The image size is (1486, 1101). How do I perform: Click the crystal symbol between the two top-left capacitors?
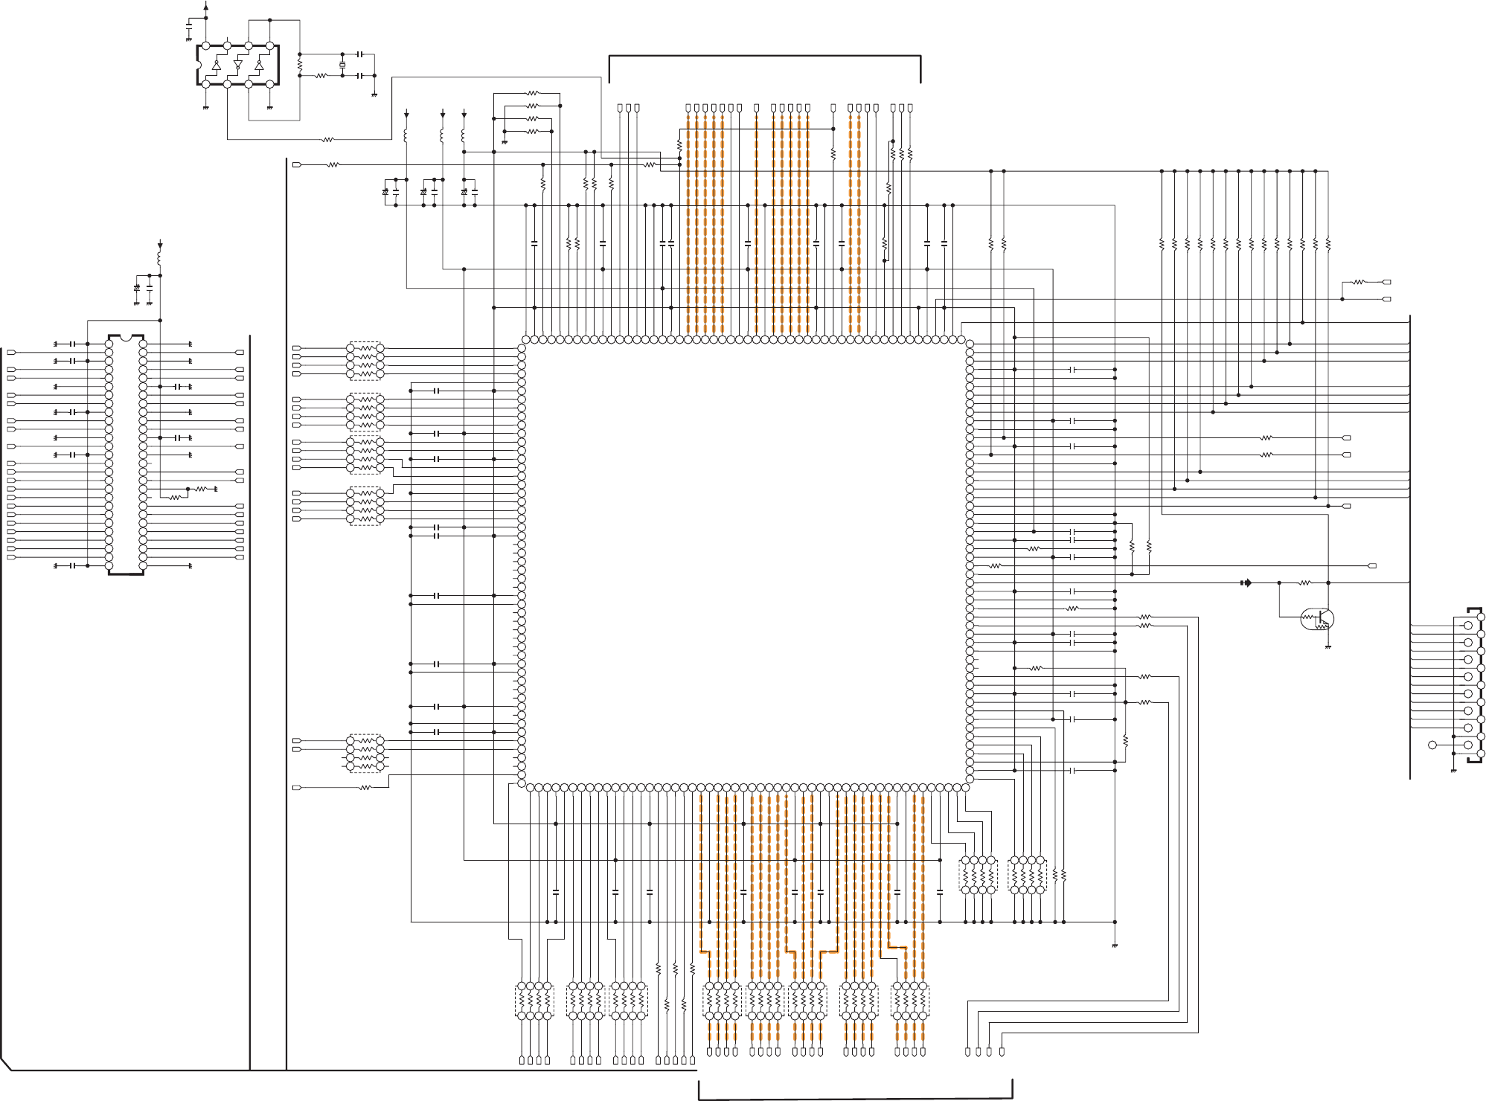point(342,65)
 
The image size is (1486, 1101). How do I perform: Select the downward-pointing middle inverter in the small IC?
point(238,65)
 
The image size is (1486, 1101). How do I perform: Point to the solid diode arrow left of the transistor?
point(1246,582)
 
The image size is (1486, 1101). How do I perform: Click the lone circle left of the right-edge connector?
point(1432,745)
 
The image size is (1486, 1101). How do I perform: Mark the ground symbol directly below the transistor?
point(1328,647)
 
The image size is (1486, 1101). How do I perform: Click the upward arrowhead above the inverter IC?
point(206,6)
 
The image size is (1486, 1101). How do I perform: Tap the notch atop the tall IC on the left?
point(126,338)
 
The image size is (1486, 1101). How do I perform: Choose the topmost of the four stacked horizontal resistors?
point(532,94)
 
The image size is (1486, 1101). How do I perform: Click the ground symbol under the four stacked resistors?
point(505,142)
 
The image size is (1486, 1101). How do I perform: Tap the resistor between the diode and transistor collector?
point(1304,582)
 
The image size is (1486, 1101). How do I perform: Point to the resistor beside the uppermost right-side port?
point(1359,282)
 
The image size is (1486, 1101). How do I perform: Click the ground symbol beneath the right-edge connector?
point(1453,770)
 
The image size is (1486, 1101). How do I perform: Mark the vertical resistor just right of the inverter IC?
point(300,65)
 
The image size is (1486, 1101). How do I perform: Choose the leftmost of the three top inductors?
point(406,137)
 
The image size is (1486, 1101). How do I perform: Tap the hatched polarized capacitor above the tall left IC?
point(136,287)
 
